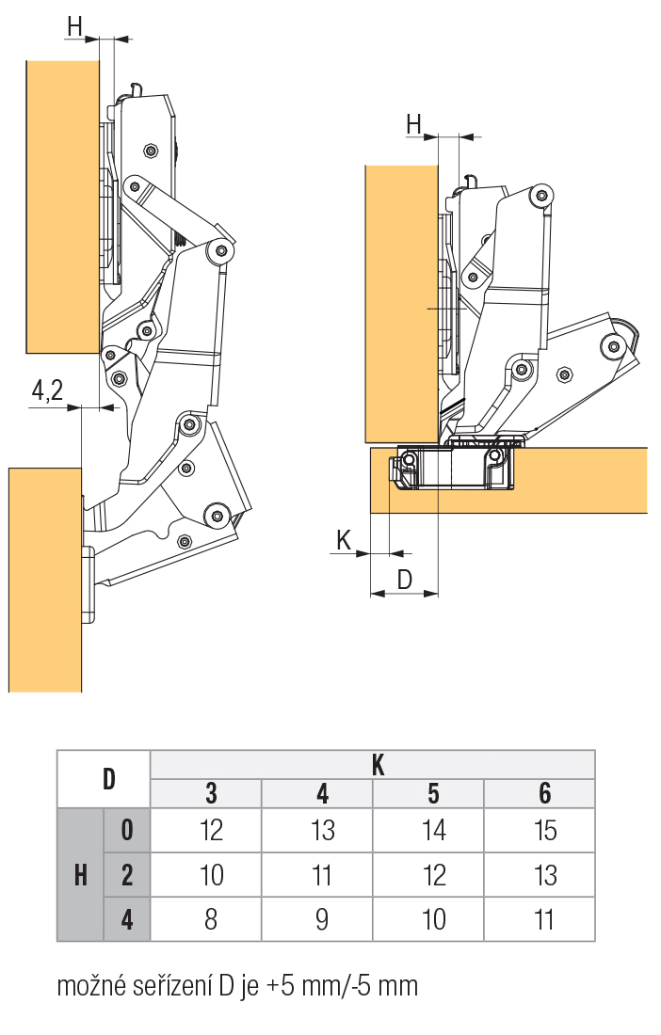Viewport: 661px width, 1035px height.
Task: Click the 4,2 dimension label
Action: click(x=47, y=390)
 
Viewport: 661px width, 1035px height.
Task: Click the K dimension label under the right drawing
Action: click(x=343, y=539)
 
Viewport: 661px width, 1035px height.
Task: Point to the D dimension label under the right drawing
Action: click(x=405, y=580)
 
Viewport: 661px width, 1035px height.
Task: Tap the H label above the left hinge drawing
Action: click(x=74, y=26)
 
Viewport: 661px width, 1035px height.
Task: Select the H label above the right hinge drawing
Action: click(x=414, y=123)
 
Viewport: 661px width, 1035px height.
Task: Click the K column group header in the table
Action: click(x=378, y=765)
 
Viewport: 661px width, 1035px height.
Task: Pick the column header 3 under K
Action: click(x=211, y=793)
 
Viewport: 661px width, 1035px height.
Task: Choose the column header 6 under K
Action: click(x=544, y=793)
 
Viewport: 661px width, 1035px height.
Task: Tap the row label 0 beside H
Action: click(x=127, y=830)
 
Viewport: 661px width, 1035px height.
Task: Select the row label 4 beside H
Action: click(x=127, y=918)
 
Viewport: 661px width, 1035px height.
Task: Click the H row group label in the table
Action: click(x=81, y=875)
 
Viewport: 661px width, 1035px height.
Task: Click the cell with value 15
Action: click(x=544, y=830)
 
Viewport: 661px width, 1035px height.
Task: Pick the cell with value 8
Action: click(x=211, y=918)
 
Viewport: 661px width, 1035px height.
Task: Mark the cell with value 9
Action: click(x=322, y=918)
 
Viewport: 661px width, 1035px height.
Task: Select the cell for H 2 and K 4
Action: click(x=322, y=875)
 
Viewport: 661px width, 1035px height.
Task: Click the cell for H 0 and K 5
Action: click(x=433, y=830)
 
